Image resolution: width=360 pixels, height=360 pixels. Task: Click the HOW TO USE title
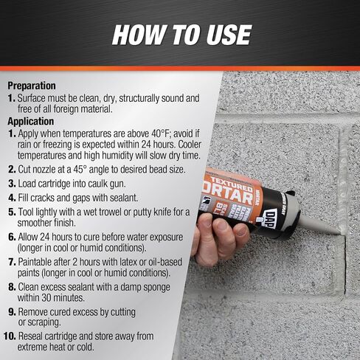pos(180,35)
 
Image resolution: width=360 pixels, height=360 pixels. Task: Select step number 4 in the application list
pos(12,198)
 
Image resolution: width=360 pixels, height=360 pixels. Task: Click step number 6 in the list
pos(12,238)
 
